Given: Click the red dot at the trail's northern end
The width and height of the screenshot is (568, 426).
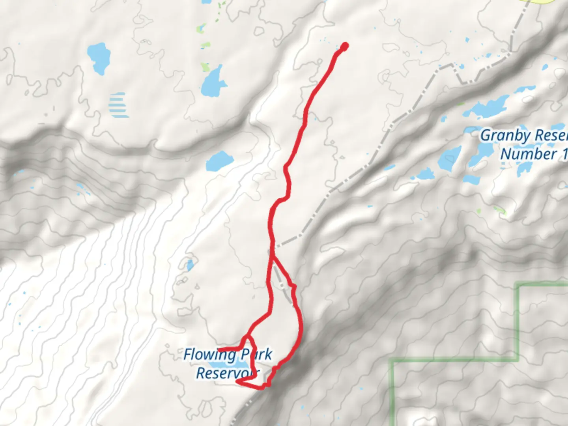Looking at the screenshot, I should pos(345,47).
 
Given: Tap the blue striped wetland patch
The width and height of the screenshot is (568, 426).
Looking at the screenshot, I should pos(118,105).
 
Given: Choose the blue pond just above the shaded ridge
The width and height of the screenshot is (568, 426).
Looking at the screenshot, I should pos(220,161).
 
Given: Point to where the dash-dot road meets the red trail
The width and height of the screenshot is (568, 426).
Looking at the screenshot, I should pos(272,247).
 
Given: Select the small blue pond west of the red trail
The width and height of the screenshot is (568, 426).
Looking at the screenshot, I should pos(191,265).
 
